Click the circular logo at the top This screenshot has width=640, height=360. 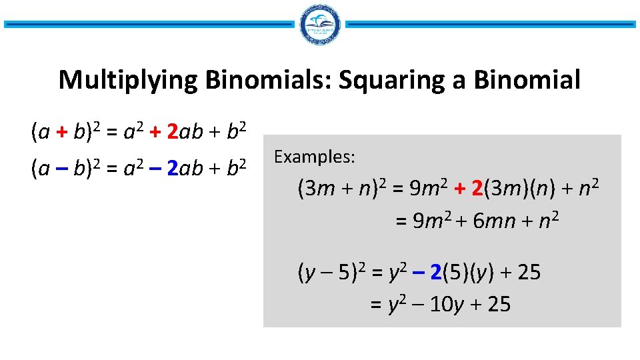320,25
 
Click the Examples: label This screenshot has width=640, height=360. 315,157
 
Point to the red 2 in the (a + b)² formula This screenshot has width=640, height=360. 172,133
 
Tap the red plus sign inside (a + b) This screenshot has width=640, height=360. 61,133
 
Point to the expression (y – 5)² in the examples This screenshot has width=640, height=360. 331,272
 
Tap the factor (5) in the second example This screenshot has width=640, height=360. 455,272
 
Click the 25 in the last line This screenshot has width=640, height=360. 499,305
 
